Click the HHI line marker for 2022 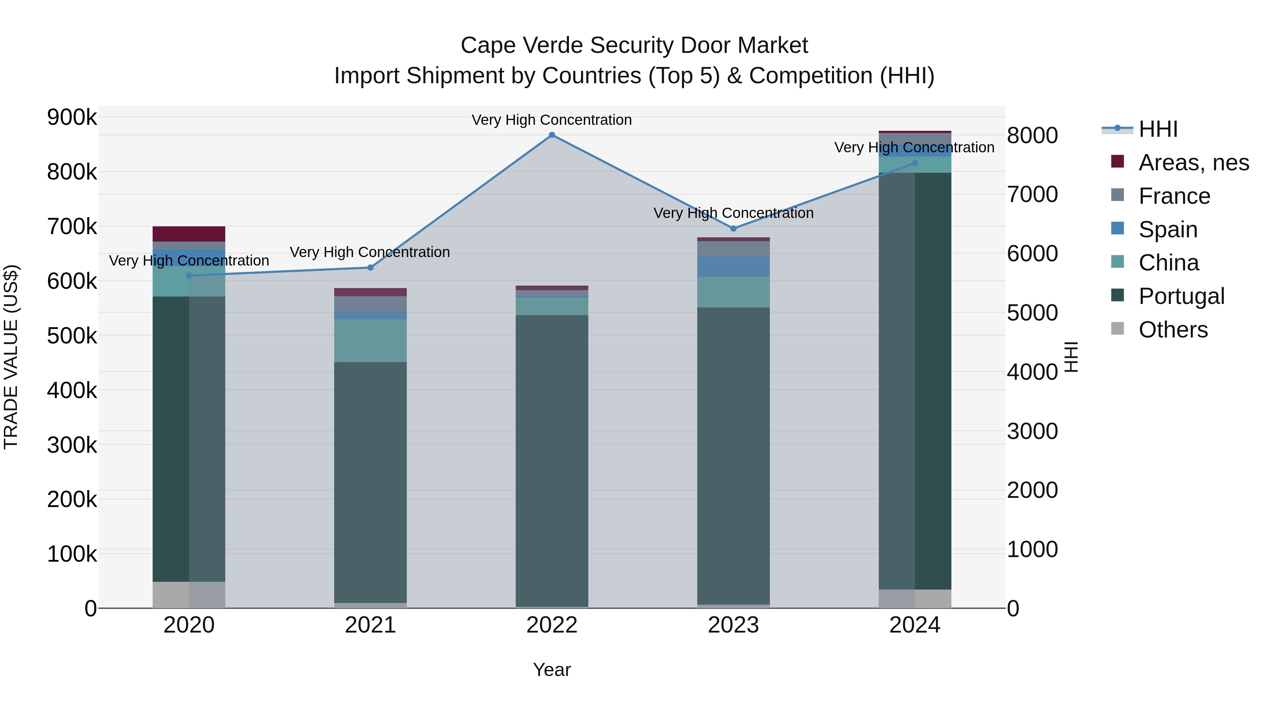(x=552, y=135)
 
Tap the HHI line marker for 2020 (x=189, y=275)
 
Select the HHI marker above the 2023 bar (x=733, y=228)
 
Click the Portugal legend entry (x=1181, y=296)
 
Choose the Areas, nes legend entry (x=1193, y=163)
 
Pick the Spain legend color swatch (x=1118, y=228)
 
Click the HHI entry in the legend (x=1158, y=129)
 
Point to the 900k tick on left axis (x=72, y=118)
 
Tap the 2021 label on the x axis (x=370, y=625)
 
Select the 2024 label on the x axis (x=915, y=625)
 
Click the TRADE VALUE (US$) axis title (x=11, y=357)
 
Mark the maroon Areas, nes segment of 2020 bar (x=189, y=234)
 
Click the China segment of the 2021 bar (x=370, y=341)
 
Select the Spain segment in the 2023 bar (x=733, y=267)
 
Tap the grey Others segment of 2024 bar (x=915, y=599)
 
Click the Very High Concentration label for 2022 (x=552, y=120)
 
